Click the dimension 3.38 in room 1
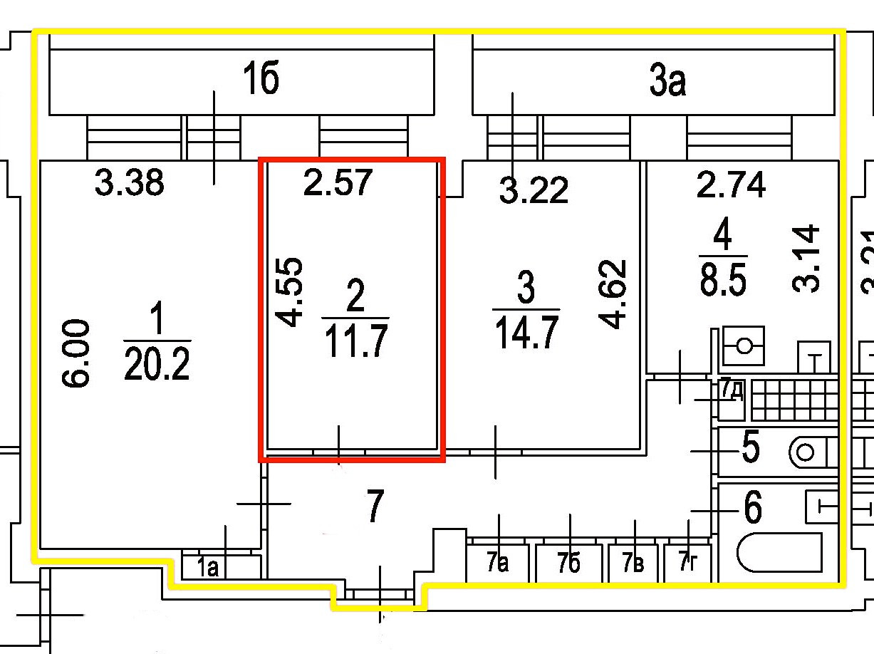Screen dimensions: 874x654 point(130,184)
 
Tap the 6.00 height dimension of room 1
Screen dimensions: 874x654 point(76,353)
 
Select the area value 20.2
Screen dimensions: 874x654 point(157,365)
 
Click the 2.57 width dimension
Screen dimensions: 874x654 point(337,182)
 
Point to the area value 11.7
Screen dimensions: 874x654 point(355,343)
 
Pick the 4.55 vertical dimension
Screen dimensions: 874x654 point(291,291)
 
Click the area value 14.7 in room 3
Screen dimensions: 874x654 point(526,334)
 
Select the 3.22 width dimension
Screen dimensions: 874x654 point(534,190)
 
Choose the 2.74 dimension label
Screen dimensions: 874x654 point(731,185)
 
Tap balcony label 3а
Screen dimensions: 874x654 point(667,83)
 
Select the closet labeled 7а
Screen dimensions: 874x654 point(498,564)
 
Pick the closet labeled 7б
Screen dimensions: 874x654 point(570,564)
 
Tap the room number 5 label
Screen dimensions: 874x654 point(750,448)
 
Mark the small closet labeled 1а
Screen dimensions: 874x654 point(208,567)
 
